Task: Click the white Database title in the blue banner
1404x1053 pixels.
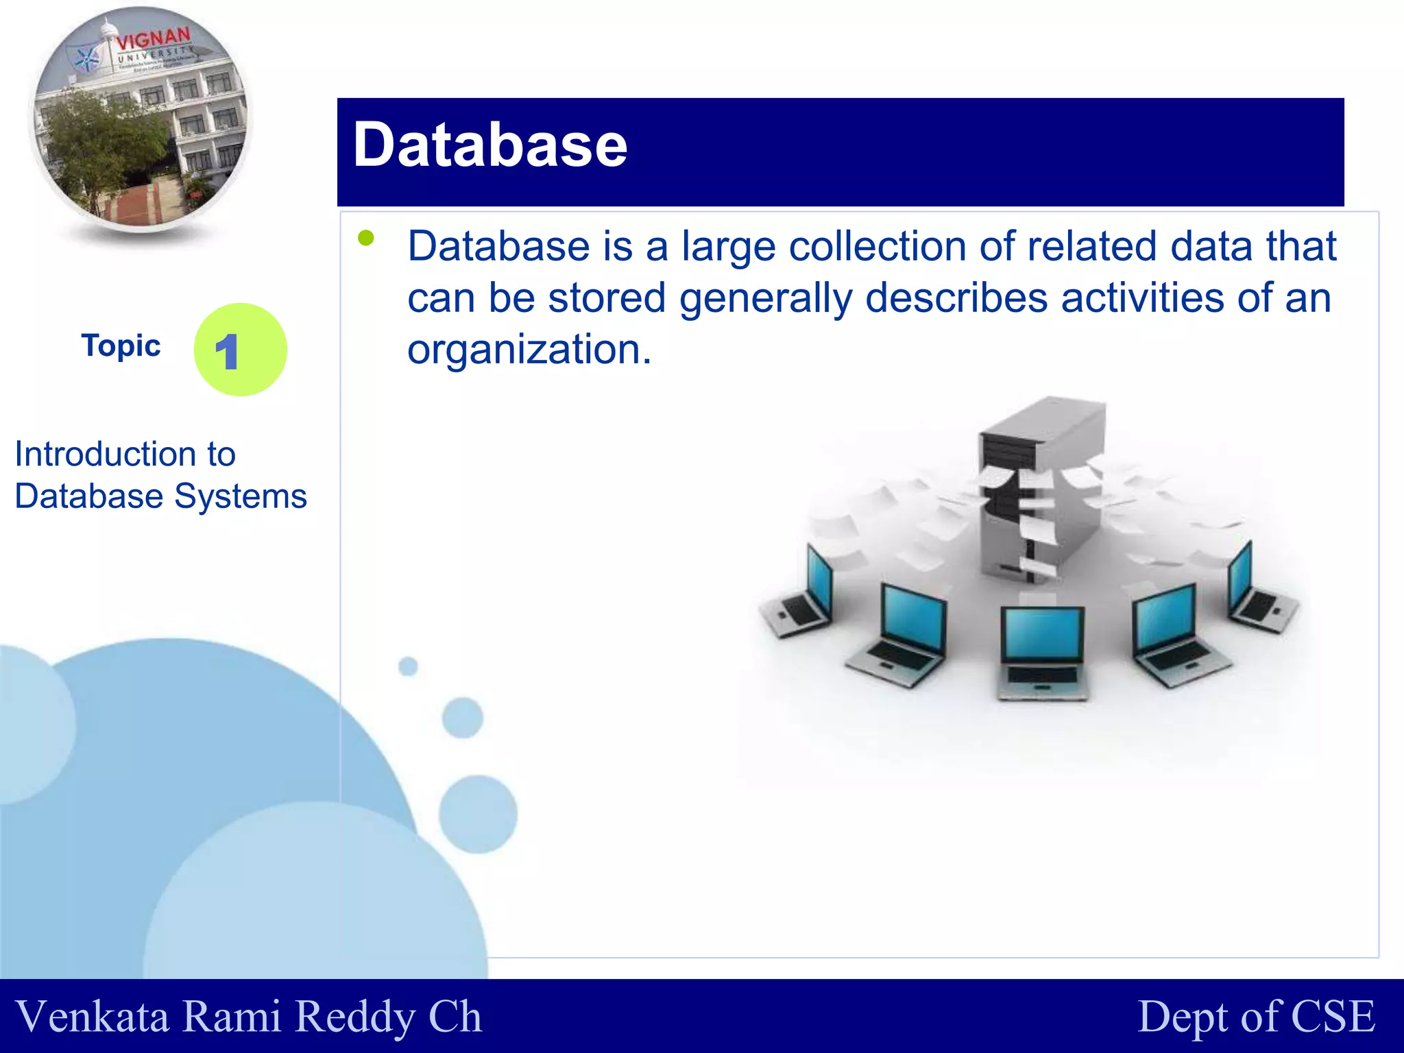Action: (x=489, y=145)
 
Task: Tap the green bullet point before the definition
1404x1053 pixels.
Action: (x=366, y=238)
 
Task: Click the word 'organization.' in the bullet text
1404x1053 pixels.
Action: (x=529, y=350)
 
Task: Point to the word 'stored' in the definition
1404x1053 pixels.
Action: (x=607, y=298)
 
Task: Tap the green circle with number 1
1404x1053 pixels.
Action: (x=240, y=350)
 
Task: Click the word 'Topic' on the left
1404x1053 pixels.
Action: (x=121, y=346)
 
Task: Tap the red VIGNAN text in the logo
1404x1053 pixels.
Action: (x=153, y=39)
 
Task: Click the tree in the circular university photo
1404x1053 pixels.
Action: (x=103, y=144)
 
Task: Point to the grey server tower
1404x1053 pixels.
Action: (x=1042, y=480)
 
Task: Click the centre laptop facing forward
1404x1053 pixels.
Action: (x=1042, y=651)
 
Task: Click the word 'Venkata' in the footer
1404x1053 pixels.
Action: (x=92, y=1017)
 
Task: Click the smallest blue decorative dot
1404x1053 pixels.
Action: (x=408, y=666)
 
